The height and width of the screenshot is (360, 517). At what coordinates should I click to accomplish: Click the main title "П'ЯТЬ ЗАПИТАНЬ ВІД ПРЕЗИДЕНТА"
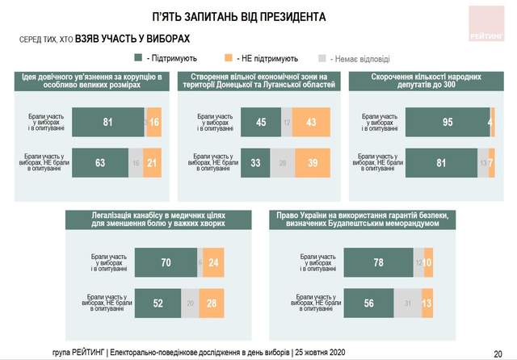pyautogui.click(x=239, y=16)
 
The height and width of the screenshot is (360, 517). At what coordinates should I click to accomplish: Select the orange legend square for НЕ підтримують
pyautogui.click(x=230, y=58)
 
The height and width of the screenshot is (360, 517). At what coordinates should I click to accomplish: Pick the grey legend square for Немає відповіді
pyautogui.click(x=322, y=58)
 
